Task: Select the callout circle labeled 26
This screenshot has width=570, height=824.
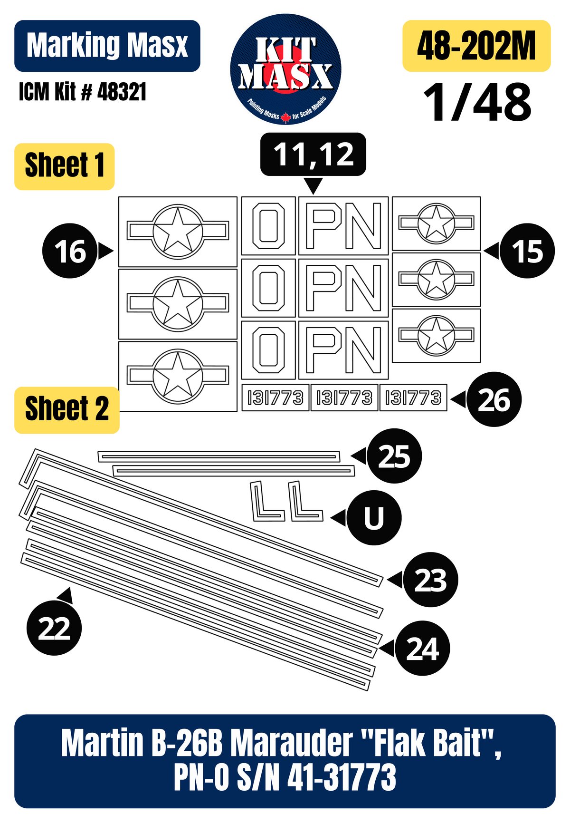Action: click(494, 399)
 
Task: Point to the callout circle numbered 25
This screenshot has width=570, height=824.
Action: click(394, 456)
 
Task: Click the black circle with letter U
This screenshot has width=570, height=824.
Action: click(374, 518)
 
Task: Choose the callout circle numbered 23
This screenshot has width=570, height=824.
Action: click(431, 580)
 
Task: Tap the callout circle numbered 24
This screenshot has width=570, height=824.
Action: click(422, 648)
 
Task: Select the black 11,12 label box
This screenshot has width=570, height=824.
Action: click(313, 155)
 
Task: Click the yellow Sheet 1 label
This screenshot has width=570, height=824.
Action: click(65, 166)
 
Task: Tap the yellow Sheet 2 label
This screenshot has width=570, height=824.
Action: click(67, 410)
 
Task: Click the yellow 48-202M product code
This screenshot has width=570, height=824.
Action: click(476, 46)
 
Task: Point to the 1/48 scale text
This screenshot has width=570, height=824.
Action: click(477, 102)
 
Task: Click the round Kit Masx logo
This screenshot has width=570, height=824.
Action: click(285, 69)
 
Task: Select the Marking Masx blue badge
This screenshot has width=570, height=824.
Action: click(107, 46)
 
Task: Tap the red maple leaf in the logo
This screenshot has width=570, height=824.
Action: click(285, 117)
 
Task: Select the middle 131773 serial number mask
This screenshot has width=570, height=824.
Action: click(344, 397)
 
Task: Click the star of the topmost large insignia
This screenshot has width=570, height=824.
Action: click(178, 230)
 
